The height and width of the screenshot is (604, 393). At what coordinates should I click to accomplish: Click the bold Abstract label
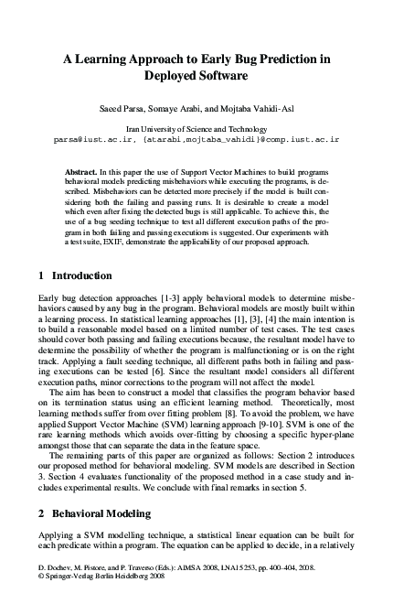pos(83,171)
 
